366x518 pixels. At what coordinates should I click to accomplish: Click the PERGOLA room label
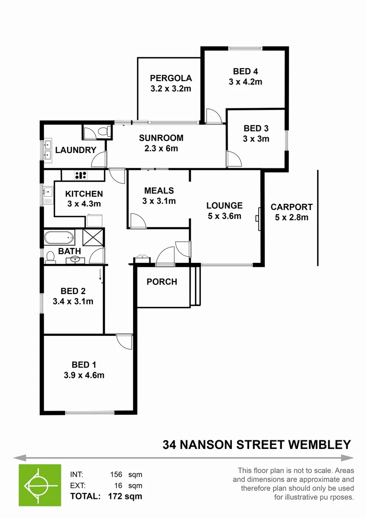click(171, 78)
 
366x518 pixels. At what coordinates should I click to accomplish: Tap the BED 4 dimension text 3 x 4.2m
click(245, 82)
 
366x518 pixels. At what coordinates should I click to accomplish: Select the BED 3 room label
click(256, 129)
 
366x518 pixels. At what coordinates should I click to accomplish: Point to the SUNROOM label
click(161, 138)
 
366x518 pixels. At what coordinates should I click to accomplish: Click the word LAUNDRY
click(76, 150)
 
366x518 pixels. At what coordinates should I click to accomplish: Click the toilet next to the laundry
click(99, 131)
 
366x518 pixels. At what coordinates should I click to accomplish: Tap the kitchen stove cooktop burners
click(80, 175)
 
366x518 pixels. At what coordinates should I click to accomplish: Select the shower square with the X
click(93, 238)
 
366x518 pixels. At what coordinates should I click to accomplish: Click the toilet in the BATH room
click(50, 258)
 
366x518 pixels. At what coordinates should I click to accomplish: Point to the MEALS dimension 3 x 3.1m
click(159, 201)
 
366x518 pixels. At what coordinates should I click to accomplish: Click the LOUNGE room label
click(224, 206)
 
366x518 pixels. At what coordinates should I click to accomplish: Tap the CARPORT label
click(291, 207)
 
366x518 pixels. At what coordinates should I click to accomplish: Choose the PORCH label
click(162, 282)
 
